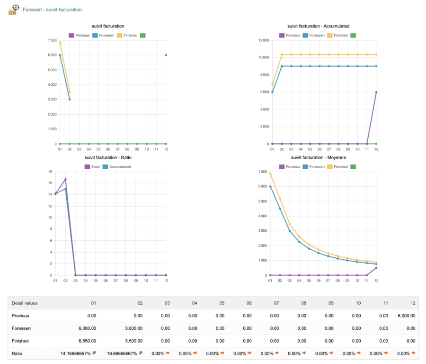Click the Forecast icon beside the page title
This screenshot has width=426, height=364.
[13, 9]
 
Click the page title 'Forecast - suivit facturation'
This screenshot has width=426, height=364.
[52, 9]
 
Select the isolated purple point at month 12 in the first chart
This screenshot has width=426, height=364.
[166, 55]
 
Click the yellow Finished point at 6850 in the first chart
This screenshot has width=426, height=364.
[60, 43]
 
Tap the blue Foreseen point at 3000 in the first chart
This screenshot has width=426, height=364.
[70, 100]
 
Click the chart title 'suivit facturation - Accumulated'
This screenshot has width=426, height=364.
[318, 26]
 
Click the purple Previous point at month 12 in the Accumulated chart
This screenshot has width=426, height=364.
[376, 92]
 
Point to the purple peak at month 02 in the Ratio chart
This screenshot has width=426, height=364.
[65, 180]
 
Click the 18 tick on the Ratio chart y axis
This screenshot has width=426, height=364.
[50, 172]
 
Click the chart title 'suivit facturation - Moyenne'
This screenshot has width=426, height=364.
[318, 157]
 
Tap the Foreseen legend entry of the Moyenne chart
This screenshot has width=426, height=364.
[316, 167]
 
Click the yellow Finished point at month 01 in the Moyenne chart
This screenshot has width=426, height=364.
[270, 174]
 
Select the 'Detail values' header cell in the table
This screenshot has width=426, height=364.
[25, 303]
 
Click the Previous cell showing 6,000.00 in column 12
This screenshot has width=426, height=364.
[406, 316]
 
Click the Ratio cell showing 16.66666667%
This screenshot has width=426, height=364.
[122, 353]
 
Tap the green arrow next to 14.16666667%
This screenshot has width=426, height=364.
[94, 353]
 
